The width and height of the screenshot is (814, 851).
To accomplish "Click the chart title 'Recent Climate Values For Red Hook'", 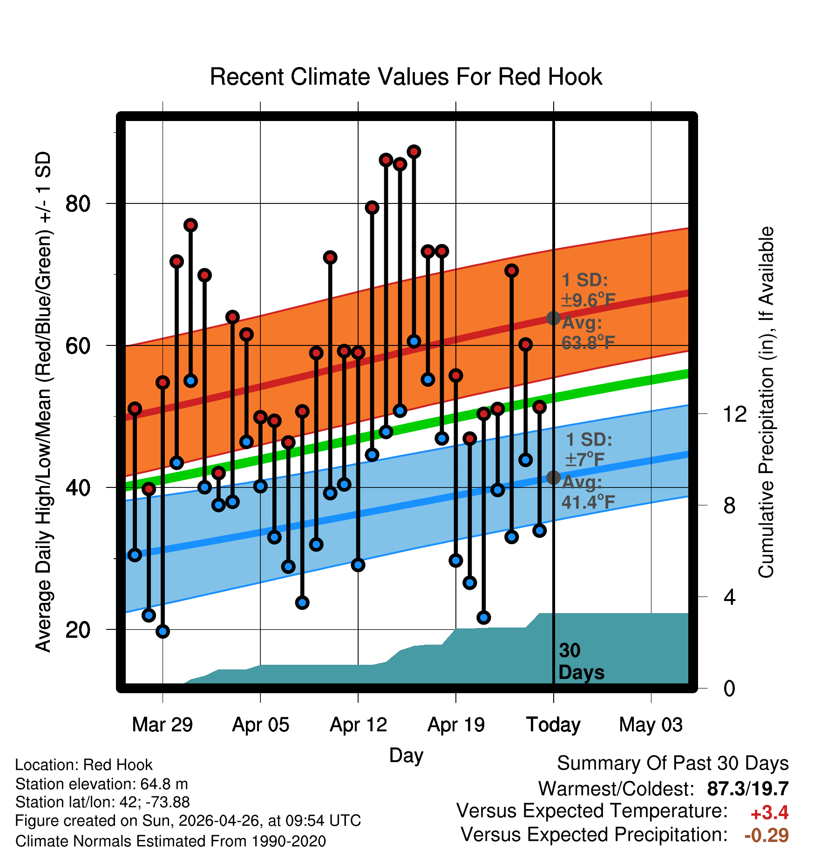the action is coord(406,77).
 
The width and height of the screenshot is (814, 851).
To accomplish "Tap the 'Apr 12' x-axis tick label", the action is coord(358,725).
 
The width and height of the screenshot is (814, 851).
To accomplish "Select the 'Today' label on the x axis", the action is coord(553,725).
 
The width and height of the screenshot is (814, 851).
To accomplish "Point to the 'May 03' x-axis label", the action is coord(651,725).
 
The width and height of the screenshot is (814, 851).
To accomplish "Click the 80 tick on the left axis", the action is coord(78,203).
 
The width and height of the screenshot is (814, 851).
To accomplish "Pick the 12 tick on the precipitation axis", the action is coord(735,414).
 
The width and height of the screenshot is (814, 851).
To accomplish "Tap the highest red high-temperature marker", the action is coord(414,152).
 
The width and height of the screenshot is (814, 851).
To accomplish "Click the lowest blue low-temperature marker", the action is coord(163,631).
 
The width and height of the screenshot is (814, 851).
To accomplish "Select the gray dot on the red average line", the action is coord(553,318).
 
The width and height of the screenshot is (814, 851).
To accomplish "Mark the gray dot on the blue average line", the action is coord(553,477).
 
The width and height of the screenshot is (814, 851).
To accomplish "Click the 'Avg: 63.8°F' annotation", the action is coord(588,333).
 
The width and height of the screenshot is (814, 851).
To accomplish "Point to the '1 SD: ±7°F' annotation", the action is coord(589,449).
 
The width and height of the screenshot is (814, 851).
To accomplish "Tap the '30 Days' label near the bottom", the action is coord(581,662).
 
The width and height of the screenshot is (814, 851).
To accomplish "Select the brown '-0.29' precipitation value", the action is coord(767,835).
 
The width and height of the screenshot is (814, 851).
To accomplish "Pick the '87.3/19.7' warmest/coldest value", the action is coord(748,789).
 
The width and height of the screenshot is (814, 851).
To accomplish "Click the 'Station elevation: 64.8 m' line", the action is coord(102,784).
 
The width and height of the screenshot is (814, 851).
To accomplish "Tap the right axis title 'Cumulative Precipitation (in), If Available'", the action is coord(766,402).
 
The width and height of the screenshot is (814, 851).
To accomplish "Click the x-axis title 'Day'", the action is coord(406,756).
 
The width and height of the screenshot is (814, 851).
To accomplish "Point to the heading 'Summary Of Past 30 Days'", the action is coord(673,763).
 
